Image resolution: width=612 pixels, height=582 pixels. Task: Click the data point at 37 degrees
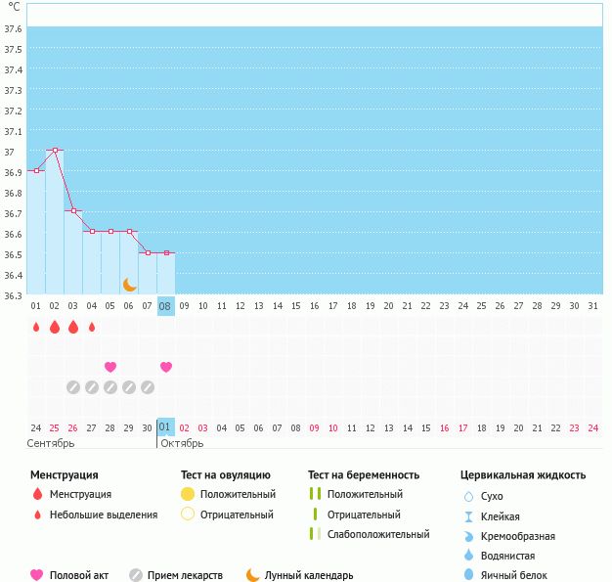point(55,150)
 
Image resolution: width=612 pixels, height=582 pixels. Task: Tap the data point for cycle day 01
point(37,171)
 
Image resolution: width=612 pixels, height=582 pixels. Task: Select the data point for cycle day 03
point(73,211)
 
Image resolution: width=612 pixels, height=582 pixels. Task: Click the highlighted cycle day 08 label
point(165,306)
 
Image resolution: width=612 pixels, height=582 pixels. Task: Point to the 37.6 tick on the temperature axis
point(13,29)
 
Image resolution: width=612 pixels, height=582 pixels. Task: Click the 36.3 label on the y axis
point(13,295)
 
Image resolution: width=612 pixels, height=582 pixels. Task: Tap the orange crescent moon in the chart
point(129,285)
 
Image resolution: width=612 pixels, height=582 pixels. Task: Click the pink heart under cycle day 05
point(110,367)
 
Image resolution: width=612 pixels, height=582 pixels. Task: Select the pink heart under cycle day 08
point(166,367)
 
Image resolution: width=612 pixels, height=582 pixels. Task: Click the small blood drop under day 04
point(92,327)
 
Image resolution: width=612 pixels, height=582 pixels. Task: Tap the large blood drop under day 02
point(55,327)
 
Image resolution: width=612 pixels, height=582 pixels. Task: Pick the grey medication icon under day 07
point(148,387)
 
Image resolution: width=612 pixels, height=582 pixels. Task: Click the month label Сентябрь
point(51,443)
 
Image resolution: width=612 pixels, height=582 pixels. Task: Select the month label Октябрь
point(182,443)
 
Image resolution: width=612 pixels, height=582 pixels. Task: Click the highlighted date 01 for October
point(165,426)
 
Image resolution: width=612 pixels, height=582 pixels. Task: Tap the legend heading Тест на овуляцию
point(226,475)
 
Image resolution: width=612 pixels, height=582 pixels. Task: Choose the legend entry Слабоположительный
point(378,534)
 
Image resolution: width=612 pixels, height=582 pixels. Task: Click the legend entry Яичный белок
point(513,575)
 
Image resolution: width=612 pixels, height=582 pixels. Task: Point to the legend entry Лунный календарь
point(309,575)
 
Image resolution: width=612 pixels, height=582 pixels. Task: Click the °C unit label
point(14,7)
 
